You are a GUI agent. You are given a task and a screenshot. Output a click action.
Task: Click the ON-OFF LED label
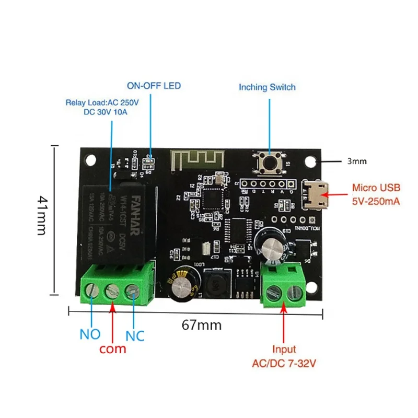pos(150,86)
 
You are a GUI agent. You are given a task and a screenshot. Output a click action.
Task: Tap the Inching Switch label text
pos(267,87)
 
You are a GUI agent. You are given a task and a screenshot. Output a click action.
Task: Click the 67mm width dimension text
pos(202,325)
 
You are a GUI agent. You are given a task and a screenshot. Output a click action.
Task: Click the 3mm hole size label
pos(357,161)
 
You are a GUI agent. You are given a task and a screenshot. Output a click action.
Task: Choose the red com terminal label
pos(112,348)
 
